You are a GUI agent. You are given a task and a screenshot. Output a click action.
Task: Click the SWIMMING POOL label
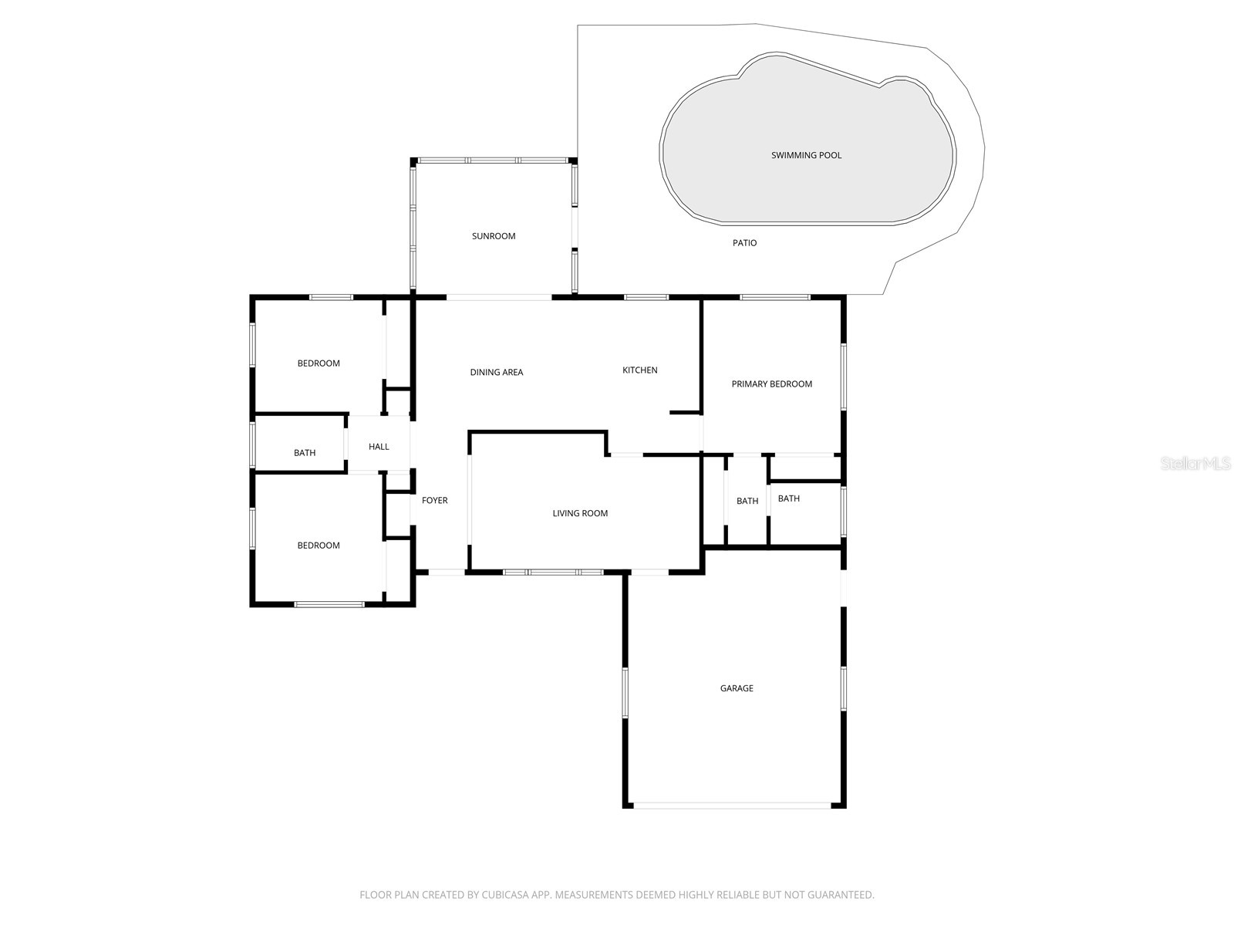(x=806, y=155)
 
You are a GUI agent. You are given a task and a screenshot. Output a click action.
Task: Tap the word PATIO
(x=744, y=243)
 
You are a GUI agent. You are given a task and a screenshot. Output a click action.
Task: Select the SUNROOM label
(x=493, y=236)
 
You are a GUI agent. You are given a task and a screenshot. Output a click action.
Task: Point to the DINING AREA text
(x=497, y=372)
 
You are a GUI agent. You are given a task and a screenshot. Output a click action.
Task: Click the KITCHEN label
(x=640, y=370)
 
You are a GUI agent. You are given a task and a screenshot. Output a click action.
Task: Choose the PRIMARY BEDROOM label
(x=771, y=384)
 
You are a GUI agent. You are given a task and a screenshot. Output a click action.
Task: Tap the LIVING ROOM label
(x=580, y=513)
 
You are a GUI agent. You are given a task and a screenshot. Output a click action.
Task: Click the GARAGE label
(x=737, y=688)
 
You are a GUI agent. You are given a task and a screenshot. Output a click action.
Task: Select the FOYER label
(x=434, y=500)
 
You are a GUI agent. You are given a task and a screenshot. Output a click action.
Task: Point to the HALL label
(x=379, y=447)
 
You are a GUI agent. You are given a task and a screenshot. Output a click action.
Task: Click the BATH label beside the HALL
(x=304, y=453)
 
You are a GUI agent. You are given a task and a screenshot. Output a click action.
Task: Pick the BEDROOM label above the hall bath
(x=319, y=363)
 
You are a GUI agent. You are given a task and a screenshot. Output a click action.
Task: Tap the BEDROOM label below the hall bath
(x=319, y=546)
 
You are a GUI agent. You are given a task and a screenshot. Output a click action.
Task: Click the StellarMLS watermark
(x=1195, y=463)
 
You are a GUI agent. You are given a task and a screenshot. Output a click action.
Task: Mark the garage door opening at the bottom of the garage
(x=732, y=806)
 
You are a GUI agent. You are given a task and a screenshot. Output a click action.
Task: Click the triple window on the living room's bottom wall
(x=553, y=573)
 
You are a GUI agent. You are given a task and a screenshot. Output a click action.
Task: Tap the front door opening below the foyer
(x=447, y=573)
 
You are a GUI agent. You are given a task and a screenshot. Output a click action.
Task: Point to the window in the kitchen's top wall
(x=646, y=297)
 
